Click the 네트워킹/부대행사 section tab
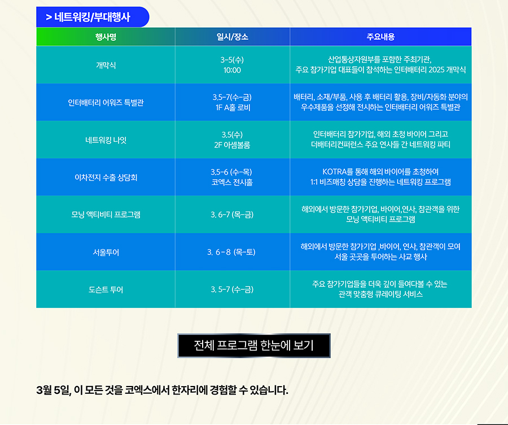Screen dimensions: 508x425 pyautogui.click(x=93, y=17)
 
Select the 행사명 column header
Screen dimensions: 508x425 pyautogui.click(x=106, y=37)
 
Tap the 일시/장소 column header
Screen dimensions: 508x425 pyautogui.click(x=233, y=37)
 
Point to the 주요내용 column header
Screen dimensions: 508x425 pyautogui.click(x=380, y=37)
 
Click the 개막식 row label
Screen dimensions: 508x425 pyautogui.click(x=106, y=65)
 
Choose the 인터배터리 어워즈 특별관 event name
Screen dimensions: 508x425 pyautogui.click(x=106, y=102)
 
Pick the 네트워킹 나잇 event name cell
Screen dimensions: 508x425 pyautogui.click(x=106, y=140)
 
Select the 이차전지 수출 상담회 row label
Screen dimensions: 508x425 pyautogui.click(x=106, y=177)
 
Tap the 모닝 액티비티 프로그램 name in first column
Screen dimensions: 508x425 pyautogui.click(x=106, y=215)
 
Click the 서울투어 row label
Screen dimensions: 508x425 pyautogui.click(x=106, y=253)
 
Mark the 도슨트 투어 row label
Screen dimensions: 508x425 pyautogui.click(x=106, y=290)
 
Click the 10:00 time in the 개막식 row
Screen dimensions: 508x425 pyautogui.click(x=233, y=71)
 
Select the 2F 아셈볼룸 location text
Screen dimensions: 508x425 pyautogui.click(x=232, y=145)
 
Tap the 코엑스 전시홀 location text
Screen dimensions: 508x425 pyautogui.click(x=232, y=183)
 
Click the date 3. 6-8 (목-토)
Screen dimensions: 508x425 pyautogui.click(x=231, y=252)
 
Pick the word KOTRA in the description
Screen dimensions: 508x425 pyautogui.click(x=335, y=172)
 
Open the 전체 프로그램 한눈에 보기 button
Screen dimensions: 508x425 pyautogui.click(x=254, y=345)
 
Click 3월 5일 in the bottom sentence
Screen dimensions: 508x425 pyautogui.click(x=54, y=390)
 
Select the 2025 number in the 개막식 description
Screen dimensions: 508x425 pyautogui.click(x=436, y=70)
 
